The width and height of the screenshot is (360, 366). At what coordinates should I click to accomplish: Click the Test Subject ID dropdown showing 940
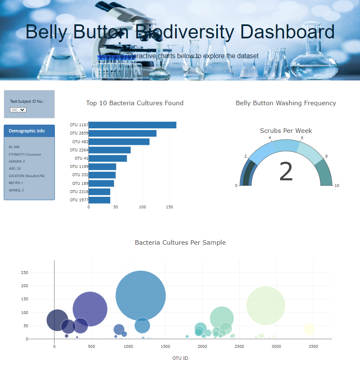18,110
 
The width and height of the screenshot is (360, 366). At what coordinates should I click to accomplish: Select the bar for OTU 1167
132,125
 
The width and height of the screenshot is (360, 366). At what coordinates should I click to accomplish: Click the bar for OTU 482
119,142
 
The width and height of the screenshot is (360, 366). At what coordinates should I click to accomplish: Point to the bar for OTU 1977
99,200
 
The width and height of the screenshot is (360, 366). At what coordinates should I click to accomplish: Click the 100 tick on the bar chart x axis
142,207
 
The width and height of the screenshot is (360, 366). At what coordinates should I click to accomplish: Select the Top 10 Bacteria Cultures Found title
135,103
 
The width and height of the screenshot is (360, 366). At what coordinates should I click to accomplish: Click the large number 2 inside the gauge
286,172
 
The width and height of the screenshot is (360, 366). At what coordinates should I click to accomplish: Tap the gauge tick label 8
326,156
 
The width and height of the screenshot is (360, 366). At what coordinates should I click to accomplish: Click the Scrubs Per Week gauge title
286,131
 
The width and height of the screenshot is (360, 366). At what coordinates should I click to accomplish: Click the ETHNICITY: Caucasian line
25,154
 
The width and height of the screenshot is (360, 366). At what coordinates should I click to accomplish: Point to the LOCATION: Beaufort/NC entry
27,176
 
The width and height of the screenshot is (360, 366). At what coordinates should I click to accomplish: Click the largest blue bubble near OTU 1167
141,295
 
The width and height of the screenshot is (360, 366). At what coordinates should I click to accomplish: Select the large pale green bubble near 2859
266,305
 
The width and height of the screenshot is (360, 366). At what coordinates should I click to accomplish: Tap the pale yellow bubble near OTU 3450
310,329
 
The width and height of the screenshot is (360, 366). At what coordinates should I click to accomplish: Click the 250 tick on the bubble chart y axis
24,273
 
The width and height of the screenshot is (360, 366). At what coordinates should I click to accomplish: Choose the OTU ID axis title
180,358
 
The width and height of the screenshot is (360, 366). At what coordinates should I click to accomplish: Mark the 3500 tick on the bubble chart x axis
313,346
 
